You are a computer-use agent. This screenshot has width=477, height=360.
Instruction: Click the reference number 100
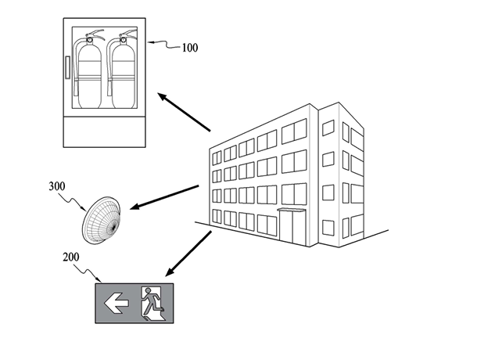click(190, 48)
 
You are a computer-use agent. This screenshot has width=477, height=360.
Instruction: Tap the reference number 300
click(57, 186)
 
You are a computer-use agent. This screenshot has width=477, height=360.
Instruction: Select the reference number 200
click(71, 257)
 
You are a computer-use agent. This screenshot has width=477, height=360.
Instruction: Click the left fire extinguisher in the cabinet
click(88, 70)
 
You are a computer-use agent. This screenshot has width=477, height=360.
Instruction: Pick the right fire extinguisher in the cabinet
click(122, 70)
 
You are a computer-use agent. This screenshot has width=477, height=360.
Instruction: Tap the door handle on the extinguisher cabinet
click(67, 67)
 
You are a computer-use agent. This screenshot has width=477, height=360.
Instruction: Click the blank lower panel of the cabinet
click(104, 131)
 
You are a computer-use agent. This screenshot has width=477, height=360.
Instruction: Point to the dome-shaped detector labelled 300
click(102, 220)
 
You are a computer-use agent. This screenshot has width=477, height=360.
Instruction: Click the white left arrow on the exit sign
click(117, 303)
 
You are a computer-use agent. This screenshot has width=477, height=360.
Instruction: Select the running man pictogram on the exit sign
click(153, 304)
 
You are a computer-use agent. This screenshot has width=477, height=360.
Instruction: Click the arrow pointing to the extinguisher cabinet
click(184, 113)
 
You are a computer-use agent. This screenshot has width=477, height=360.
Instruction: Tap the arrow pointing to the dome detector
click(164, 197)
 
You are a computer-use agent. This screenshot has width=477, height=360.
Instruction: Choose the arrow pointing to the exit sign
click(188, 254)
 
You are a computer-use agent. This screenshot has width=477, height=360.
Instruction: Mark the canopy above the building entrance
click(291, 210)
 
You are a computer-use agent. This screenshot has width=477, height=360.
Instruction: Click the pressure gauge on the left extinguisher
click(90, 40)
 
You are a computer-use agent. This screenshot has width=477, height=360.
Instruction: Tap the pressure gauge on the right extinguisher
click(124, 40)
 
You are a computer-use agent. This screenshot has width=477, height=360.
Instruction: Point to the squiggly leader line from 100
click(164, 45)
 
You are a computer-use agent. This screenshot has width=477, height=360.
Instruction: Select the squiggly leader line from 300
click(72, 200)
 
